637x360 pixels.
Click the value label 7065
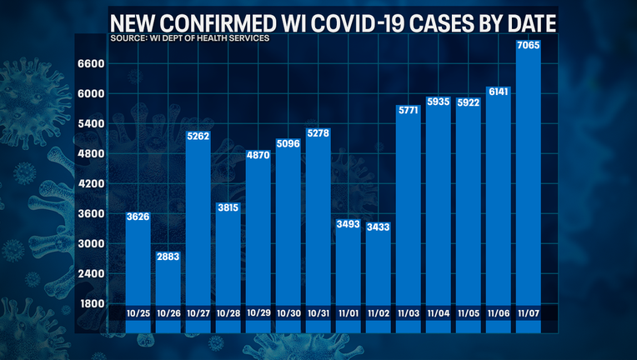click(x=529, y=45)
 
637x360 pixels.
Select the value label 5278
click(x=318, y=132)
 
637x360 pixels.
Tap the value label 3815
click(x=228, y=207)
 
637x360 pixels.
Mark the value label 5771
click(x=409, y=109)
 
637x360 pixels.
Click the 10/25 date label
click(x=138, y=312)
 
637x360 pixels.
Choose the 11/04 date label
click(x=439, y=312)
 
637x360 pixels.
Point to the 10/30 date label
click(x=288, y=312)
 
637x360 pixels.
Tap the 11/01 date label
click(x=349, y=312)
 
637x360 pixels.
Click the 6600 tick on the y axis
click(x=92, y=63)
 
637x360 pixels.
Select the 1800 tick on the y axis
click(x=92, y=303)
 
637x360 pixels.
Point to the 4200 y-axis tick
click(x=92, y=183)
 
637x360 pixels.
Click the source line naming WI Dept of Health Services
click(x=189, y=38)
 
